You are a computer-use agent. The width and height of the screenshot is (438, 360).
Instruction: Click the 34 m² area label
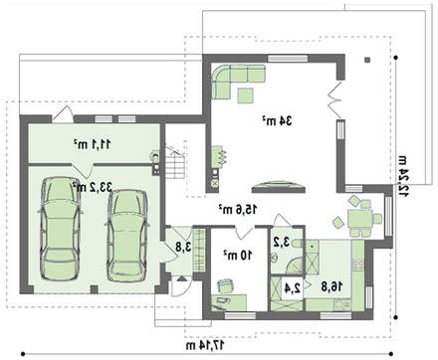coord(277,121)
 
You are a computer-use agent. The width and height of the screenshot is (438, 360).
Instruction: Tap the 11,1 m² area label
coord(93,144)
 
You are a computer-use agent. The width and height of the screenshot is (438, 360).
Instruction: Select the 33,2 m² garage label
coord(93,187)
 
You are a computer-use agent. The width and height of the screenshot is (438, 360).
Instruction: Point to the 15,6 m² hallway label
coord(238,209)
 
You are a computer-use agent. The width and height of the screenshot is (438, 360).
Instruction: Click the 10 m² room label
coord(238,255)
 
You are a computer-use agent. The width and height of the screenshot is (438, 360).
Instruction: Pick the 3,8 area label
coord(183,247)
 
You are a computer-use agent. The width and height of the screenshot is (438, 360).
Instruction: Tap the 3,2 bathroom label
coord(281,243)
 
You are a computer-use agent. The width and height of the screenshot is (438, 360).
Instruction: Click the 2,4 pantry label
coord(292,287)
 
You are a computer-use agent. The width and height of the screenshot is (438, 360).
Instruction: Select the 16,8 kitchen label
coord(331,286)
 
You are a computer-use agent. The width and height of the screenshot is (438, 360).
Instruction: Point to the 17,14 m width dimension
coord(205,345)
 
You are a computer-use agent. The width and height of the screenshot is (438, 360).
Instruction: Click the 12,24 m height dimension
coord(403,176)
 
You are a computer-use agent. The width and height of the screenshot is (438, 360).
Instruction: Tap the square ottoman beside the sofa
coord(246,95)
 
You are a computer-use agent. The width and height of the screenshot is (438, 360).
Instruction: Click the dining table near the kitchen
coord(360,219)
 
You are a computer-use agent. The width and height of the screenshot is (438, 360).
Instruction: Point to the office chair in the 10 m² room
coord(226,285)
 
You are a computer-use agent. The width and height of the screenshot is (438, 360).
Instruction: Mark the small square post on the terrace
coord(367,60)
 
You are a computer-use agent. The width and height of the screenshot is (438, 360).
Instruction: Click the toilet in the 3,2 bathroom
coord(298,244)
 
